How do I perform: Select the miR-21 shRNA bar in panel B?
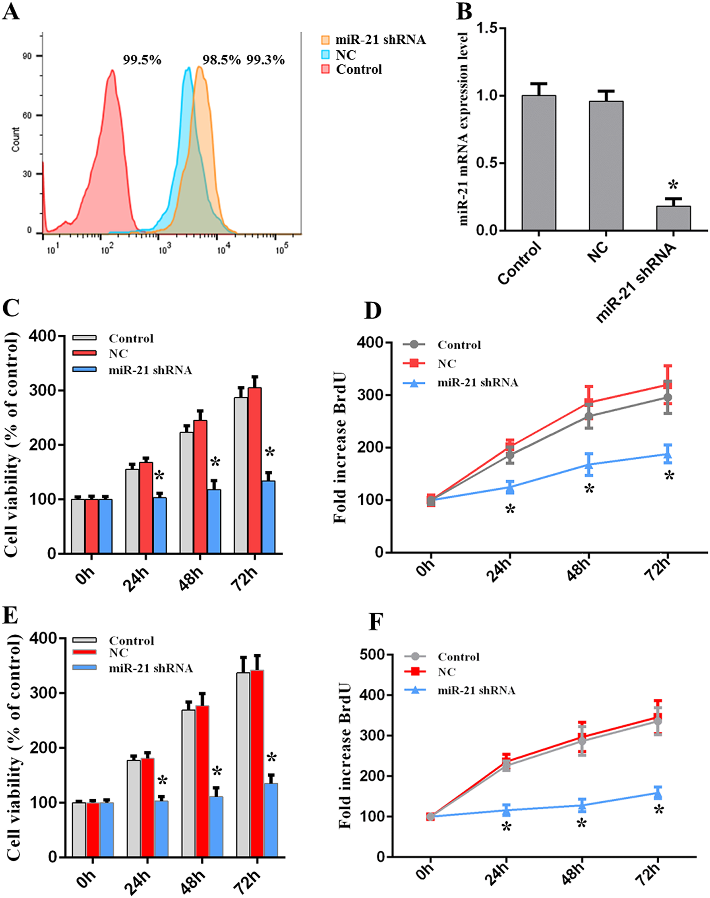(x=673, y=218)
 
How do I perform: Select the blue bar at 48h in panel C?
(x=214, y=521)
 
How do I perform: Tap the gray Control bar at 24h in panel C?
(x=132, y=511)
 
